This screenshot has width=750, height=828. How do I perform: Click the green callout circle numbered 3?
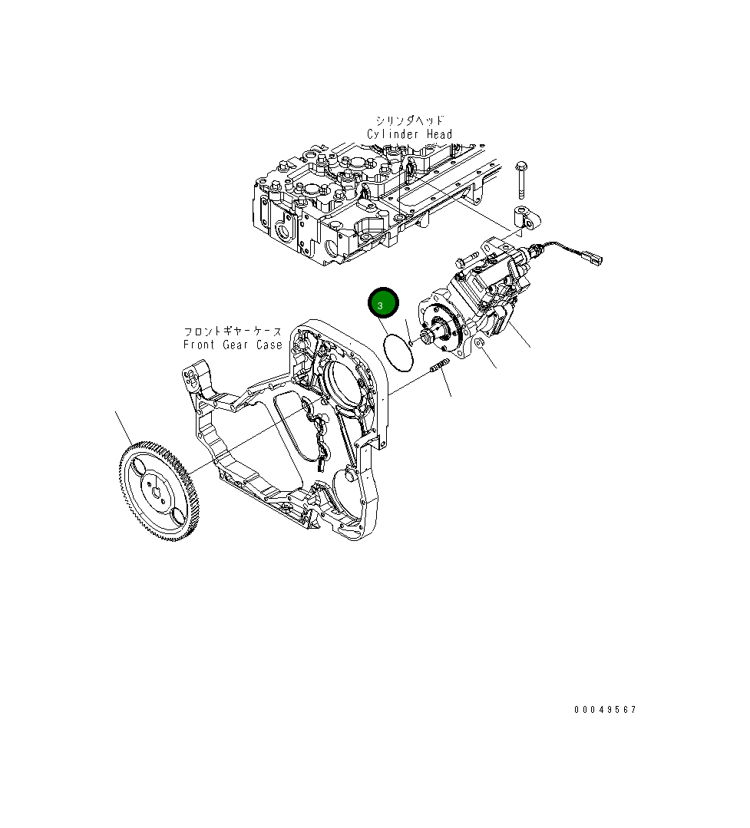click(382, 303)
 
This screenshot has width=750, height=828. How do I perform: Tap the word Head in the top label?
click(439, 134)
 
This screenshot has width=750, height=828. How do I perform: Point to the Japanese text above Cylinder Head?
click(410, 120)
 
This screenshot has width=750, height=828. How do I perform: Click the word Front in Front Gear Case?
click(200, 345)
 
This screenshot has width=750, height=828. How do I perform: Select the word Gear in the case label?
click(236, 345)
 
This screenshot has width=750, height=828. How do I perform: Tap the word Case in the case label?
click(268, 345)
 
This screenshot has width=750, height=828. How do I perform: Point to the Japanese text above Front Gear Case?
click(232, 332)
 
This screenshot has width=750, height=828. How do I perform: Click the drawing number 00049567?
click(605, 710)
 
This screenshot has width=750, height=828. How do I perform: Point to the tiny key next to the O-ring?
click(412, 343)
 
